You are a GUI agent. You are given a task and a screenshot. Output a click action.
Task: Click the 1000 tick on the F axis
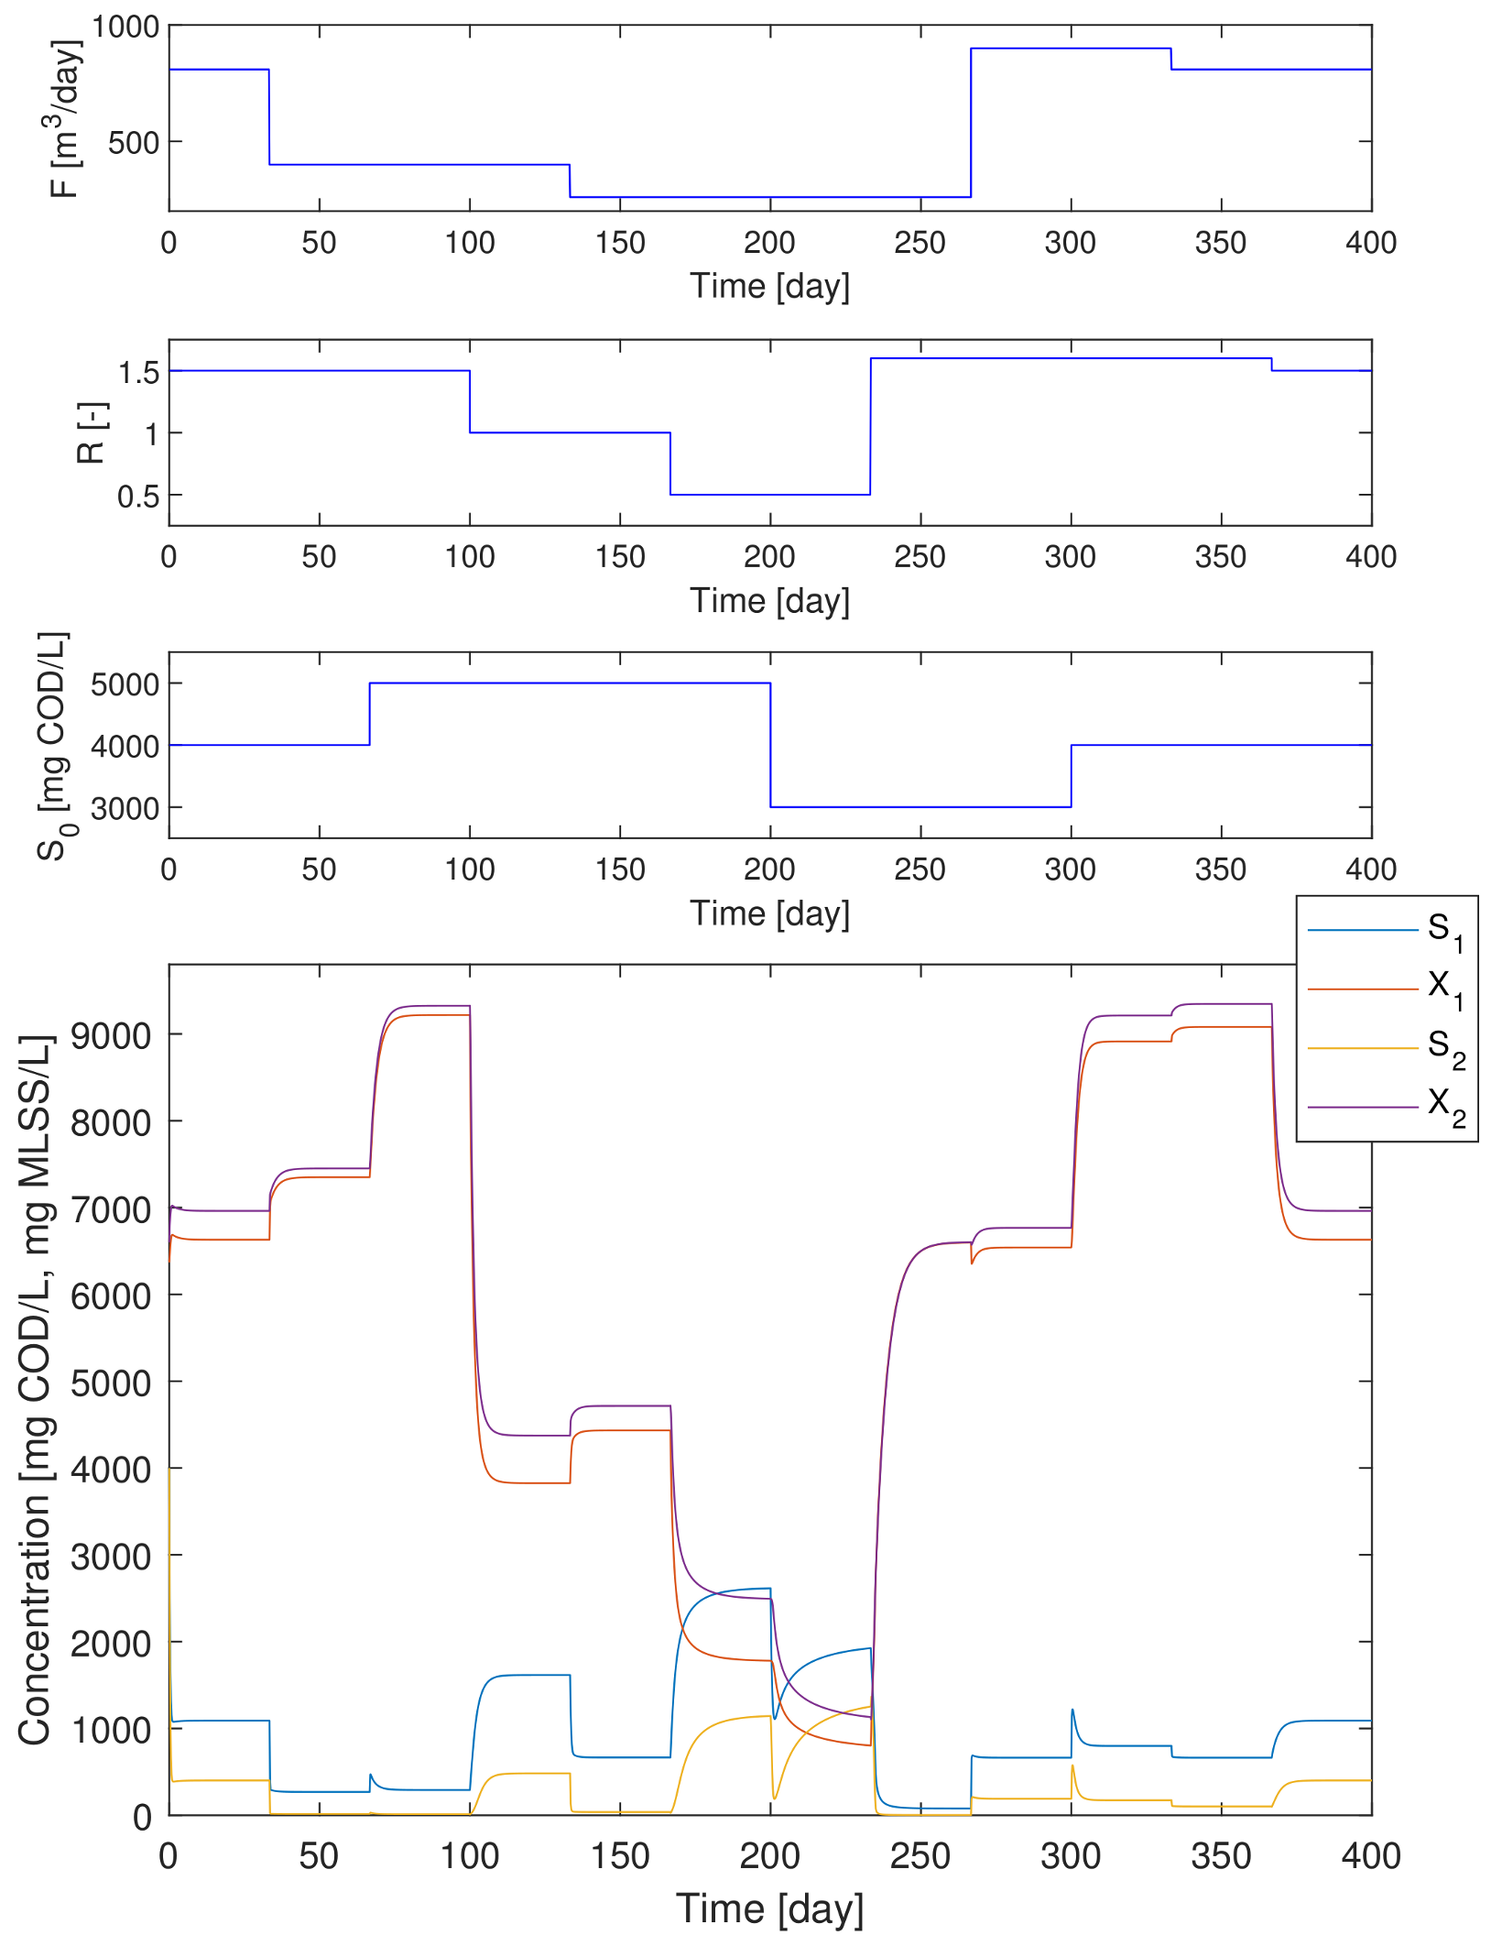(x=125, y=27)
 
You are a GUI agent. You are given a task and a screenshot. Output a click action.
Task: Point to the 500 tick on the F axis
(x=134, y=143)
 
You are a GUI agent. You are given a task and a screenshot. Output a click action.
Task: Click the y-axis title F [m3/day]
(x=65, y=119)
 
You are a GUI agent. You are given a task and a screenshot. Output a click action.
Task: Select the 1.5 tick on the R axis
(x=138, y=372)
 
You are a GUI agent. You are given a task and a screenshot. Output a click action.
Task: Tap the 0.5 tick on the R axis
(x=138, y=497)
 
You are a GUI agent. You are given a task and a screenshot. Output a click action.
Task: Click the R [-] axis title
(x=92, y=432)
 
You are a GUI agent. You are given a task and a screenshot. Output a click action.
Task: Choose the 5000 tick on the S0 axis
(x=125, y=684)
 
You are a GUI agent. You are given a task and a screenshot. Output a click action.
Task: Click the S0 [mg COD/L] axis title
(x=54, y=746)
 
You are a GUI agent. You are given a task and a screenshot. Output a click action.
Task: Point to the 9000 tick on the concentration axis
(x=110, y=1036)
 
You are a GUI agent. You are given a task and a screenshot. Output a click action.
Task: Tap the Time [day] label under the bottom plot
(x=769, y=1909)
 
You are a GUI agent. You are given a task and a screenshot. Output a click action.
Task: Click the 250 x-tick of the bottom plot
(x=920, y=1857)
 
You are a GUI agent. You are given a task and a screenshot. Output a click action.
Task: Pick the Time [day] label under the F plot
(x=769, y=286)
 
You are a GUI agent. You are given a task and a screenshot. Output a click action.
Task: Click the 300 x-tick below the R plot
(x=1070, y=557)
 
